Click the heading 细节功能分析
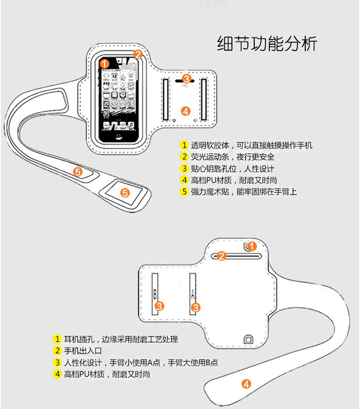(x=267, y=44)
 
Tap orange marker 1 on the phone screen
(x=105, y=64)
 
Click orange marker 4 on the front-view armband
(x=185, y=111)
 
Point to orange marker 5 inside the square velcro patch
(x=125, y=192)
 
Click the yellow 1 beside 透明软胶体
(x=184, y=145)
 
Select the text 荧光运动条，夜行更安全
(x=232, y=157)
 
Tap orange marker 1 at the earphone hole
(x=252, y=247)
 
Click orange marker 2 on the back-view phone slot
(x=221, y=256)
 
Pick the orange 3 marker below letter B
(x=159, y=306)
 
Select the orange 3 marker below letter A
(x=195, y=307)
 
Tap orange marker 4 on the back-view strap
(x=247, y=384)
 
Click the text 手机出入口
(x=82, y=351)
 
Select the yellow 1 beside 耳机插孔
(x=57, y=339)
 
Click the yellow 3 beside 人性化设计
(x=57, y=363)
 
